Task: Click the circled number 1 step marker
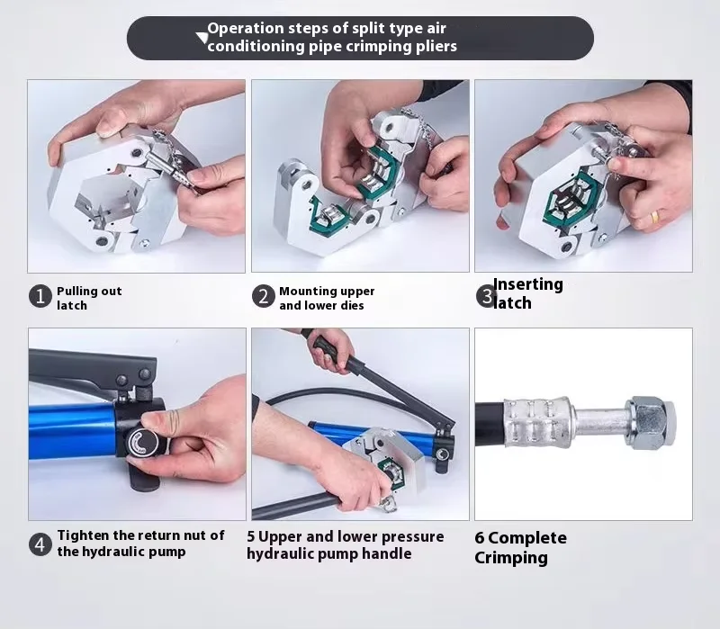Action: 40,296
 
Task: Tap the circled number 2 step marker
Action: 264,296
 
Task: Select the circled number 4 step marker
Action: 40,544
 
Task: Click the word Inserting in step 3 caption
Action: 528,284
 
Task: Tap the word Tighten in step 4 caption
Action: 83,535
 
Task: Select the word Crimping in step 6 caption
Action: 511,558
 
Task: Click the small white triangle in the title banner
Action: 202,37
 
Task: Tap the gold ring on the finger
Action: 654,216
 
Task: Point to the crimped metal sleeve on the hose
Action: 537,423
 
